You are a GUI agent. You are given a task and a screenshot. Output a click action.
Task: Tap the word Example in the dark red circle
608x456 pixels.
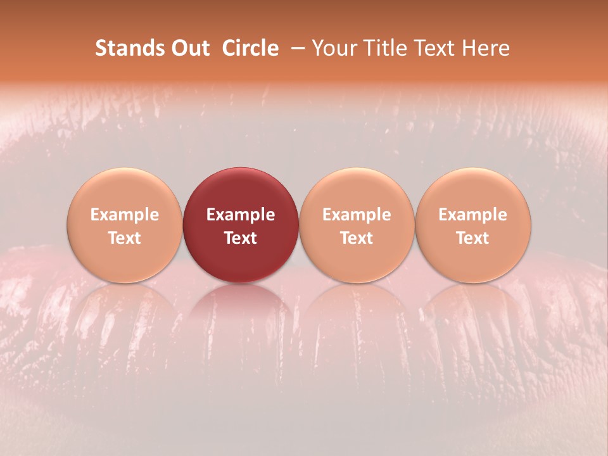(241, 215)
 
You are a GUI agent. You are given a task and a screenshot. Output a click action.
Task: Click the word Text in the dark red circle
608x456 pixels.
(241, 238)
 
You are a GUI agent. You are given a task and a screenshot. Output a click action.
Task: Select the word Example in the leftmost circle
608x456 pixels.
(125, 215)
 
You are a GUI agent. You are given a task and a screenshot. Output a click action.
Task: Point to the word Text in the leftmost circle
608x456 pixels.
(125, 238)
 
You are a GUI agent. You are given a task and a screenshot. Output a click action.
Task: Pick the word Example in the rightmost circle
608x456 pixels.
(473, 215)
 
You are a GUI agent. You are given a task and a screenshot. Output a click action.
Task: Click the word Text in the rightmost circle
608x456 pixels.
(473, 238)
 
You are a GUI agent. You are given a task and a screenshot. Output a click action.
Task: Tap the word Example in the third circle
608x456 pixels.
(357, 215)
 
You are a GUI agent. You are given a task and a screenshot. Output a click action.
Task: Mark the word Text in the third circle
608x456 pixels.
(357, 238)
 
